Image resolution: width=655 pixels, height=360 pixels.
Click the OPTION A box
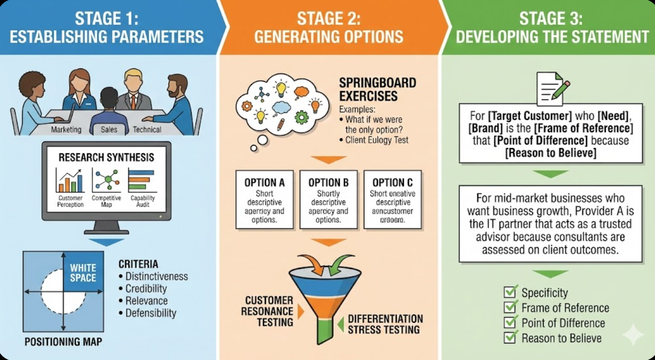[x=264, y=199]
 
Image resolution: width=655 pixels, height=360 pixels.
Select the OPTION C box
[x=392, y=199]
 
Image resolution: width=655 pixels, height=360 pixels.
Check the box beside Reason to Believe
[x=510, y=338]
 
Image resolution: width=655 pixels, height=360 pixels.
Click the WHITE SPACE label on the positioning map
[x=83, y=273]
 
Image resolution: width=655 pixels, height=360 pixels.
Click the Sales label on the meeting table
[x=109, y=129]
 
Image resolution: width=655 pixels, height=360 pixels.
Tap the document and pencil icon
[x=552, y=89]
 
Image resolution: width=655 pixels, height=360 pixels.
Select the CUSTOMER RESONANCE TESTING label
[x=269, y=311]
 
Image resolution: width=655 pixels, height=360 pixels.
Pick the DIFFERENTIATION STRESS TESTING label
[x=385, y=324]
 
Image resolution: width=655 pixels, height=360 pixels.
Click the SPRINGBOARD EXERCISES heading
[x=377, y=89]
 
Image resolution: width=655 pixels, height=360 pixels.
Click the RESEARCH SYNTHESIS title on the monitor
[x=106, y=157]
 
